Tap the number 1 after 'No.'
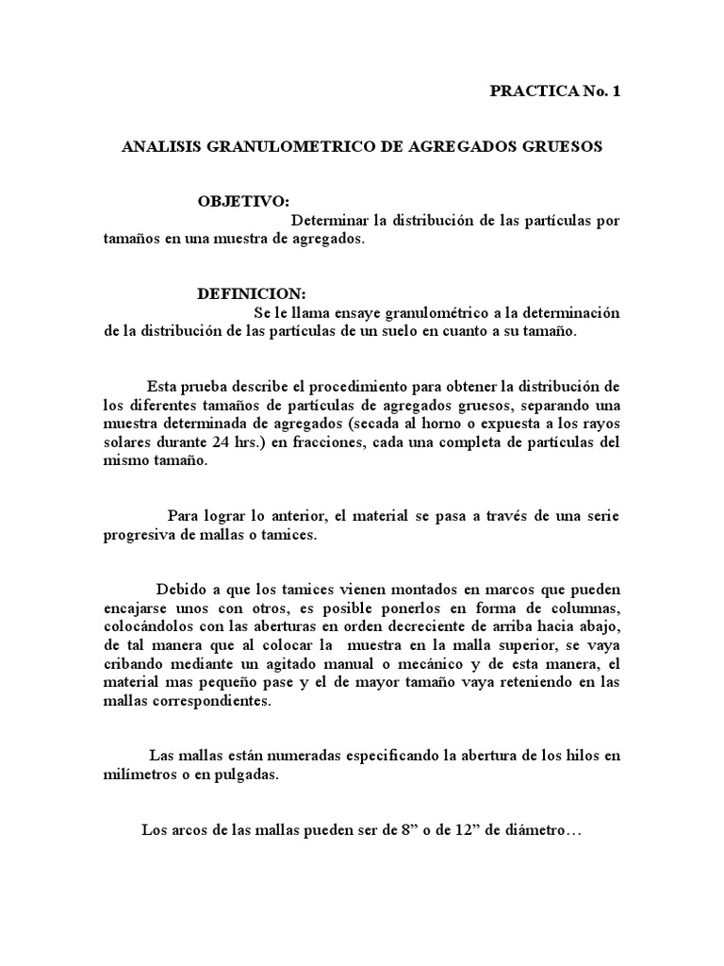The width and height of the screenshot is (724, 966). (617, 92)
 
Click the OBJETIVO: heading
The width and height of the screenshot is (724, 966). (243, 203)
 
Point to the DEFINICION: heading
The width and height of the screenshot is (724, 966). (252, 294)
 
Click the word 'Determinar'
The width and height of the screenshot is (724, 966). (329, 221)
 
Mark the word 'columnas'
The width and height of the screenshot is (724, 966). (584, 607)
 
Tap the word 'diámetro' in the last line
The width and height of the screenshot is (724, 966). (536, 830)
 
